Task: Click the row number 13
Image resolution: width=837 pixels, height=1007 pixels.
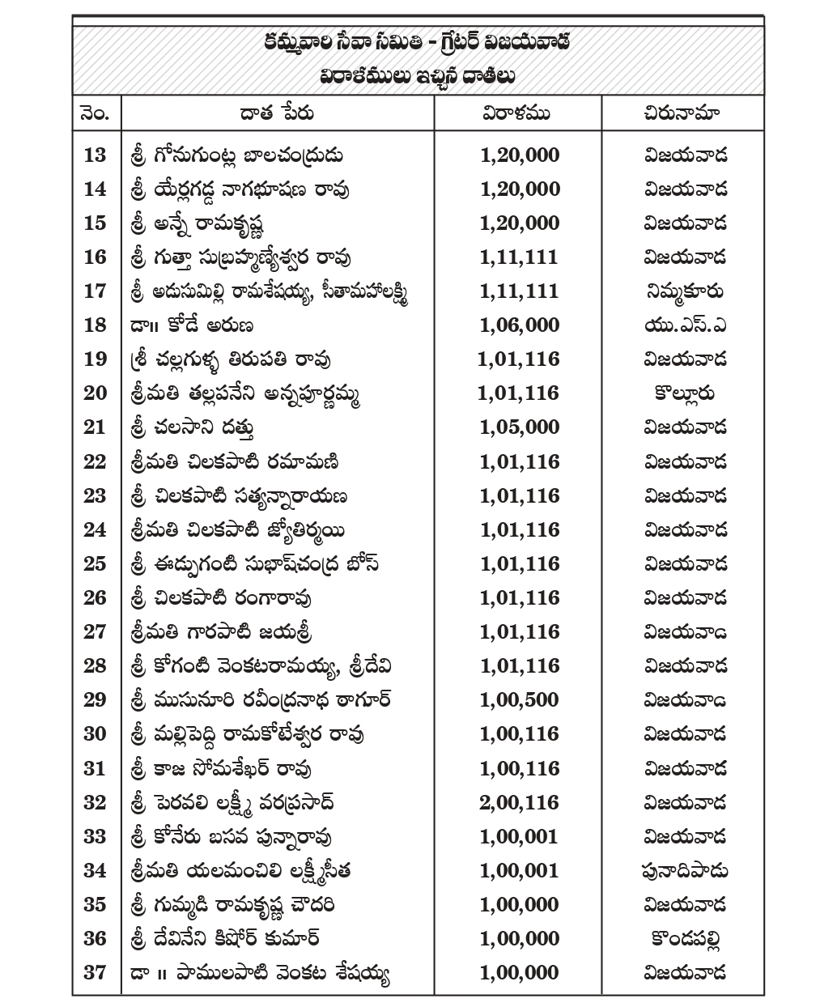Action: (x=95, y=155)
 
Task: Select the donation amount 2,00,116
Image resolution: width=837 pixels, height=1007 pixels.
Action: (x=519, y=802)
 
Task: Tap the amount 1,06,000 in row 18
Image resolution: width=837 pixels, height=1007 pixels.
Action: (x=519, y=325)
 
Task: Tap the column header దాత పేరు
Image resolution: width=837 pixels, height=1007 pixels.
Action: (x=277, y=113)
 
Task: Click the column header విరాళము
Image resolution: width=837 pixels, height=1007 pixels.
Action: (x=516, y=113)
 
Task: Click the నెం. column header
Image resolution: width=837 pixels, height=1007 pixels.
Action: (x=96, y=113)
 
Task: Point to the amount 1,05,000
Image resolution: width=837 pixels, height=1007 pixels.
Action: (x=519, y=427)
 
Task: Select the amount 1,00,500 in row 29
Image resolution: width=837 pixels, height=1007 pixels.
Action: (x=519, y=699)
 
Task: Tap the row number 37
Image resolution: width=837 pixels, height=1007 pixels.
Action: (x=95, y=972)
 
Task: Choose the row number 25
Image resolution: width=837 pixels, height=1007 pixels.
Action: (x=95, y=563)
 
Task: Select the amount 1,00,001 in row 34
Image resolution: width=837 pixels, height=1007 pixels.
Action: (x=519, y=870)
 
